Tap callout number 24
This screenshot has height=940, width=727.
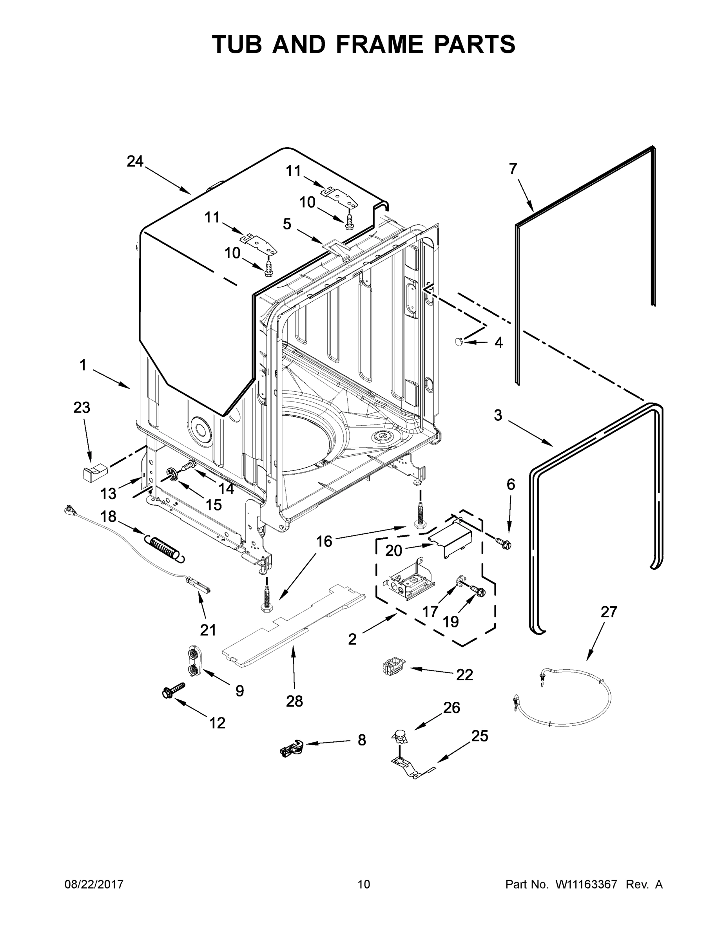(x=135, y=161)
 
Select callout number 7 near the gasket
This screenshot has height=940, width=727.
(x=513, y=169)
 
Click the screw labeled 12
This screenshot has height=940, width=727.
(x=173, y=691)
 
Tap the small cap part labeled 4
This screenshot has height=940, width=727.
(x=459, y=341)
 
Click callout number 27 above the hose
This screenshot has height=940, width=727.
(x=609, y=612)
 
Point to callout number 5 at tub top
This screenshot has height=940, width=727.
(x=287, y=224)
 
